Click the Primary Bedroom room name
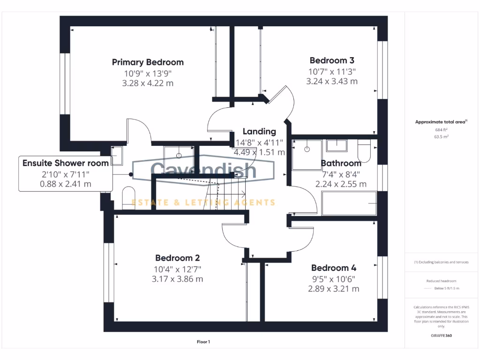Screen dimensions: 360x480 tap(148, 62)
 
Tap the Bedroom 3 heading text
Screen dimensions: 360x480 tap(332, 60)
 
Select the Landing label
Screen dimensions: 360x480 tap(259, 132)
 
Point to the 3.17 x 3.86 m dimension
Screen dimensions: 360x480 tap(177, 279)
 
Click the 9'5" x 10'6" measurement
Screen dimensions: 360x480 tap(333, 278)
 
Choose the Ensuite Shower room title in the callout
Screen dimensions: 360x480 tap(66, 163)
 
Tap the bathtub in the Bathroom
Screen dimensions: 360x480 tap(349, 203)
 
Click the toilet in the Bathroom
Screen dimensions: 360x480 tap(364, 150)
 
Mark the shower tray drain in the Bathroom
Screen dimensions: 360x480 tap(307, 149)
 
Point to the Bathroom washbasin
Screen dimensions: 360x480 tap(336, 146)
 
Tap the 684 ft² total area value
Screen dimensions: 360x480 tap(440, 129)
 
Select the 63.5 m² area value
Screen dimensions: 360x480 tap(440, 137)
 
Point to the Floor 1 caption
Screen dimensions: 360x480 tap(203, 342)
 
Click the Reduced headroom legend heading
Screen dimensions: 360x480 tap(440, 281)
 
